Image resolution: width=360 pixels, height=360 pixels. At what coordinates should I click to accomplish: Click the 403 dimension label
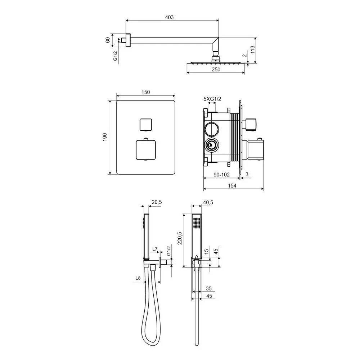pyautogui.click(x=169, y=17)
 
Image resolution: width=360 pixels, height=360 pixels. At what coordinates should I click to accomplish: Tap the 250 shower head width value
pyautogui.click(x=216, y=69)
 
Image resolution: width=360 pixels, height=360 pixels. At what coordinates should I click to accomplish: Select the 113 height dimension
pyautogui.click(x=253, y=50)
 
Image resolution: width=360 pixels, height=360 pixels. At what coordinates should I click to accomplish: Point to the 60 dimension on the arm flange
pyautogui.click(x=107, y=40)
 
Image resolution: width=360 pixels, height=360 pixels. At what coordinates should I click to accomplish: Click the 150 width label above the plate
pyautogui.click(x=145, y=92)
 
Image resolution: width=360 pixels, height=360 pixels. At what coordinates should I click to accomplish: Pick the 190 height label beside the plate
pyautogui.click(x=105, y=137)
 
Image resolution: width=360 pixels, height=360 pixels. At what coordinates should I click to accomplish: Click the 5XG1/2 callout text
pyautogui.click(x=212, y=99)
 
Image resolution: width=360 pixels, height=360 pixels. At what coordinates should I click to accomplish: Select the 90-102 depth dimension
pyautogui.click(x=221, y=175)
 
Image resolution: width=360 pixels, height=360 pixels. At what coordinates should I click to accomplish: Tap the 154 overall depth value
pyautogui.click(x=232, y=185)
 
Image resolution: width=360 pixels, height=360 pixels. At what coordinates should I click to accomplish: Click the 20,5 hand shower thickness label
pyautogui.click(x=157, y=202)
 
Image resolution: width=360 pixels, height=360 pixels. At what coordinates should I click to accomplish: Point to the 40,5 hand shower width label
pyautogui.click(x=208, y=202)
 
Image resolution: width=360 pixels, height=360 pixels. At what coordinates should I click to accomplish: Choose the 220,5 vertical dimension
pyautogui.click(x=180, y=238)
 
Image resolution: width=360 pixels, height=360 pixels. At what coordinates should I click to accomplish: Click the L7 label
pyautogui.click(x=155, y=249)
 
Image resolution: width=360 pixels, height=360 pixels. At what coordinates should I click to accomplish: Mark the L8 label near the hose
pyautogui.click(x=138, y=278)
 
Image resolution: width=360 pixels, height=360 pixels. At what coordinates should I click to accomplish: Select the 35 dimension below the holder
pyautogui.click(x=209, y=288)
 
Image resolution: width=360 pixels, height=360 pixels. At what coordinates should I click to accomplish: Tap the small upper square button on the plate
pyautogui.click(x=145, y=124)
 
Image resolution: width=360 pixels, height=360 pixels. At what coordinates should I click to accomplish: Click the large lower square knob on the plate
pyautogui.click(x=146, y=150)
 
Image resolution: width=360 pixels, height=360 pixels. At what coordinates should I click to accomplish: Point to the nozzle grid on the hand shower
pyautogui.click(x=197, y=223)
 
